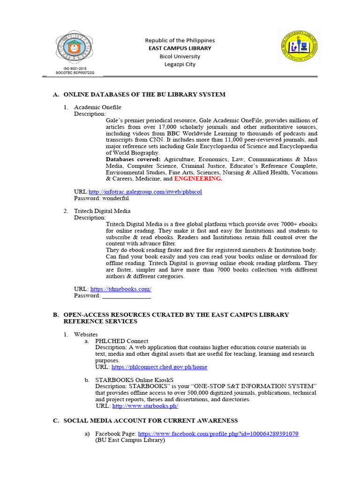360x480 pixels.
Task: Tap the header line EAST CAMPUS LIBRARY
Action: coord(180,48)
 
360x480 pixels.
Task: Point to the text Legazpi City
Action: coord(180,64)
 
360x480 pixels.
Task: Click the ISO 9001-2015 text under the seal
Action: coord(75,69)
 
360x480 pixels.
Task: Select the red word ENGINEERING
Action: coord(198,179)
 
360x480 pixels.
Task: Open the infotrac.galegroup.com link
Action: coord(145,192)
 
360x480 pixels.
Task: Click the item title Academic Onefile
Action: coord(97,107)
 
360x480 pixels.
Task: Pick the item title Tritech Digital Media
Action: coord(102,211)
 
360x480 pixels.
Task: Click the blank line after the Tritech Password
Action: coord(127,296)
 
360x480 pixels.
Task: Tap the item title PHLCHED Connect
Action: coord(121,341)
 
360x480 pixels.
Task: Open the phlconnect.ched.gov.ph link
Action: coord(159,367)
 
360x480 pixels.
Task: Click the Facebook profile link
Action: coord(218,434)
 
